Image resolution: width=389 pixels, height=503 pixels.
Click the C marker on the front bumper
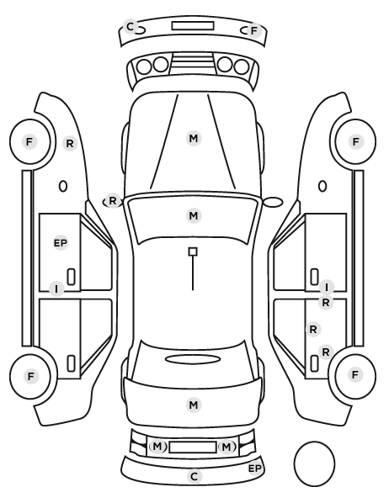tap(131, 26)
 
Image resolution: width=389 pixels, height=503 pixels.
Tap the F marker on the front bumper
tap(253, 31)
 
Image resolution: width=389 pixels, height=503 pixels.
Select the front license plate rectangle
tap(193, 26)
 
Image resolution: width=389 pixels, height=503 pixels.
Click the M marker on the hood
tap(194, 138)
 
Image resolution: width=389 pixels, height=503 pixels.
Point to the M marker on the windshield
tap(194, 215)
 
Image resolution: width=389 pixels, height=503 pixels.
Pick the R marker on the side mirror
tap(113, 201)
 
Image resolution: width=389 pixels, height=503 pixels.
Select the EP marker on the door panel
tap(61, 243)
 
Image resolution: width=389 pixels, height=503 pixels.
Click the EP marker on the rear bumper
tap(255, 469)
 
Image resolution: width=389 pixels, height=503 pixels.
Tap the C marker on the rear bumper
tap(194, 477)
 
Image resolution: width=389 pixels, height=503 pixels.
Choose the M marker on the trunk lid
tap(194, 405)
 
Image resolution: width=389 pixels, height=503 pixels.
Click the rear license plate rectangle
tap(193, 447)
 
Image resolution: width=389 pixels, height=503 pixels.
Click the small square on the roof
tap(193, 251)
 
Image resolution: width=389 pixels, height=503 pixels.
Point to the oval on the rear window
tap(193, 359)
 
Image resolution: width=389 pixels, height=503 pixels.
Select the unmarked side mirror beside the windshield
tap(273, 202)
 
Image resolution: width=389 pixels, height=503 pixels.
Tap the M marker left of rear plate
tap(157, 446)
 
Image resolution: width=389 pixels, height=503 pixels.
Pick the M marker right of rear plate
tap(226, 447)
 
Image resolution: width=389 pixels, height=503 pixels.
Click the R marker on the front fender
tap(70, 143)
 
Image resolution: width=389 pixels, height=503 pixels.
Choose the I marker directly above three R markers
tap(327, 288)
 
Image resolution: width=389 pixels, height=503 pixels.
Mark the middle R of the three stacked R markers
tap(313, 329)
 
